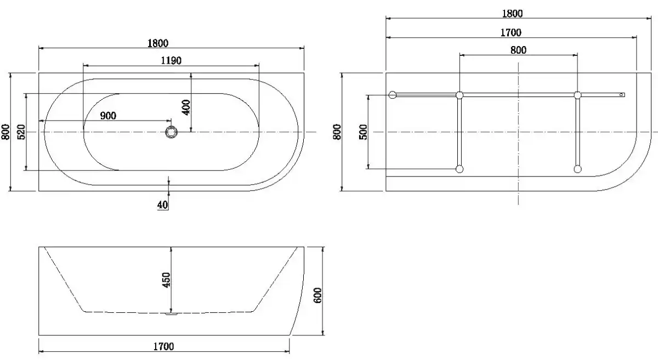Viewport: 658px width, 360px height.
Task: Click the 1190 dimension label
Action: click(x=171, y=61)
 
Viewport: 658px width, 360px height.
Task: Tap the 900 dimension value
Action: click(x=108, y=116)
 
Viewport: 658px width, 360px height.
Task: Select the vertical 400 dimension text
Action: click(x=186, y=107)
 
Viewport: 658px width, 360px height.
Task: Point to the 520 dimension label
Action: click(x=21, y=132)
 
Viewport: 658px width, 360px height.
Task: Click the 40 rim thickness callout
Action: click(x=162, y=205)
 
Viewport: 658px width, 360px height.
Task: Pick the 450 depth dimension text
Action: click(x=166, y=280)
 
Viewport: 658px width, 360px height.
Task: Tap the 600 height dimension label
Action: click(x=317, y=295)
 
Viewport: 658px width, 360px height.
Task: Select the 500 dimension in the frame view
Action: click(x=363, y=132)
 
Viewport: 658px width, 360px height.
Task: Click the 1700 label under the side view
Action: click(x=163, y=346)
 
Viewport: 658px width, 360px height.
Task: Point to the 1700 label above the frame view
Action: click(x=511, y=32)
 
